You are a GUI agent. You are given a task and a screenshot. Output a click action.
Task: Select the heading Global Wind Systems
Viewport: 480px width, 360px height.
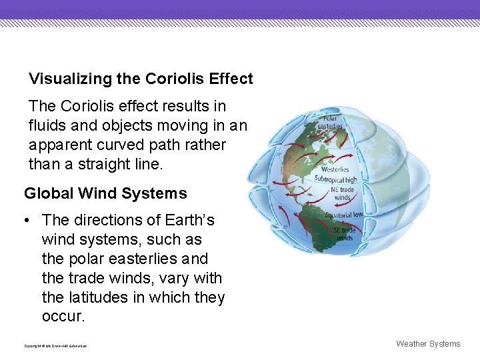point(105,194)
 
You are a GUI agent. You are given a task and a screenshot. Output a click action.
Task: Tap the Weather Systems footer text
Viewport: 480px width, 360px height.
point(428,344)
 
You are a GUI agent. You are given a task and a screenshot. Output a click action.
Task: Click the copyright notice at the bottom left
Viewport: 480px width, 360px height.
point(55,345)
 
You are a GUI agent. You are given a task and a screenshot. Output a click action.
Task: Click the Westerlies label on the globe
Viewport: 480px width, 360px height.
point(335,169)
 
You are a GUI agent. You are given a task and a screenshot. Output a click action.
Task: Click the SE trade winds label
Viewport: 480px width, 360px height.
point(343,234)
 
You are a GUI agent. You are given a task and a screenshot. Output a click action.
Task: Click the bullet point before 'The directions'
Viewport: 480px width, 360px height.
point(28,220)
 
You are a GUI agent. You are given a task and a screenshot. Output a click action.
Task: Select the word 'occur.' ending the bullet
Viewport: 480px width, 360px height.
point(63,317)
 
